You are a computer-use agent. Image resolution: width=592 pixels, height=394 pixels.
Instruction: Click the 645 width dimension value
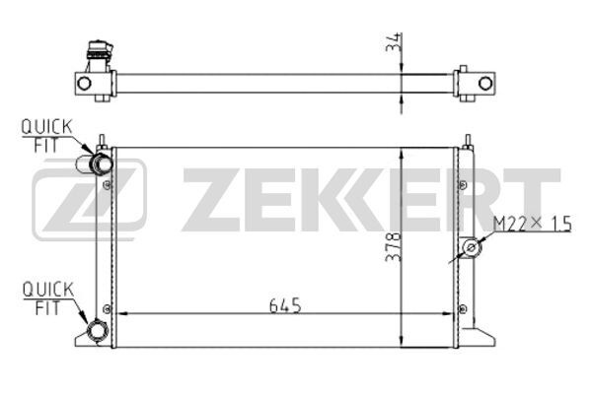tap(285, 305)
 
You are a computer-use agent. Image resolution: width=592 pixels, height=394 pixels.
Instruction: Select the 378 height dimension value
tap(393, 247)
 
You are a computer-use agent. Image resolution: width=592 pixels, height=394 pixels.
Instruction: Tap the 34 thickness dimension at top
tap(393, 41)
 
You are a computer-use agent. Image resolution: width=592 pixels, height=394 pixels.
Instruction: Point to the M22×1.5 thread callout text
tap(533, 224)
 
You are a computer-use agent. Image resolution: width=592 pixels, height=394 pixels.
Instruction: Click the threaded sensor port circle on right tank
tap(472, 247)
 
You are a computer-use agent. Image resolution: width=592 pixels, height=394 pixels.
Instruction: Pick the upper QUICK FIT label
tap(46, 136)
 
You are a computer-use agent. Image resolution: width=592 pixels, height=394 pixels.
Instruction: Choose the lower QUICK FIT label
tap(47, 298)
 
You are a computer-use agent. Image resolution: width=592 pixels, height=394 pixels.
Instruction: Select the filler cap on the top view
tap(100, 50)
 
